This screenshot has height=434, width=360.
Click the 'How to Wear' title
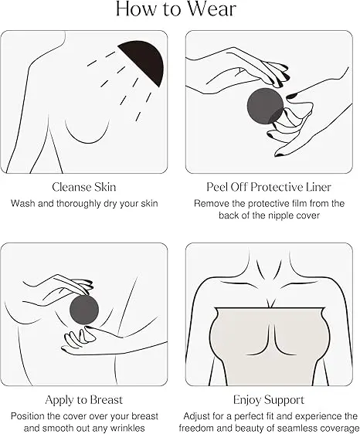pyautogui.click(x=176, y=8)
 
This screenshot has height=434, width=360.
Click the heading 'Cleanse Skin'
pyautogui.click(x=84, y=187)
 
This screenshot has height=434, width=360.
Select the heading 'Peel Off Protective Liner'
pyautogui.click(x=269, y=187)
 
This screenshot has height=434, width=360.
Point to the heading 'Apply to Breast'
pyautogui.click(x=84, y=400)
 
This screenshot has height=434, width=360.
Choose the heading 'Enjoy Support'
pyautogui.click(x=269, y=400)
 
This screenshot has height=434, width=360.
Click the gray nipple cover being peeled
pyautogui.click(x=265, y=106)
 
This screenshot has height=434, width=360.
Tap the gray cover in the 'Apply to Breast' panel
pyautogui.click(x=84, y=310)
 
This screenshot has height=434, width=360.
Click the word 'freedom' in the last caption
pyautogui.click(x=192, y=428)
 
